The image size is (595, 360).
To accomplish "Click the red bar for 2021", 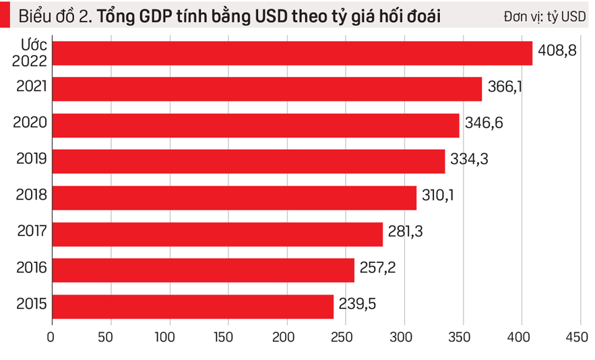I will click(x=266, y=89).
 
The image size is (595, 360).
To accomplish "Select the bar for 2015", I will click(x=192, y=306).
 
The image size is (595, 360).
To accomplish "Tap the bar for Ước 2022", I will click(x=291, y=53).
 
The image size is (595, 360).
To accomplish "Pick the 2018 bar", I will click(x=234, y=198).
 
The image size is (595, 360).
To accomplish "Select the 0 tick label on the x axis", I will click(x=51, y=336).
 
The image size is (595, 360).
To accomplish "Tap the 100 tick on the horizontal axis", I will click(x=168, y=336).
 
